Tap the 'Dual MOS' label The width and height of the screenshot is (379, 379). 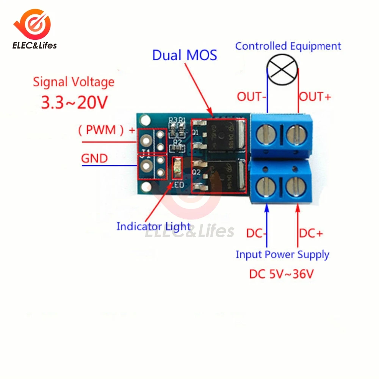coord(185,55)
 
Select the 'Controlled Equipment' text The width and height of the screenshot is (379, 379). coord(288,46)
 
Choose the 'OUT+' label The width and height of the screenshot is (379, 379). coord(315,97)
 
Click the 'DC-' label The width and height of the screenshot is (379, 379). coord(257,233)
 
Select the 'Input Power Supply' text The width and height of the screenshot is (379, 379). coord(282,254)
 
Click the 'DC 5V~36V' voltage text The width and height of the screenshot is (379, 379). coord(281,274)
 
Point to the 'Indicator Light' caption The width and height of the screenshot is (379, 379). coord(153,227)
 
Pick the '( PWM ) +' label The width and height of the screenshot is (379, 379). coord(106,130)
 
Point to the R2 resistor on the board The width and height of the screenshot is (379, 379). coord(177,147)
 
